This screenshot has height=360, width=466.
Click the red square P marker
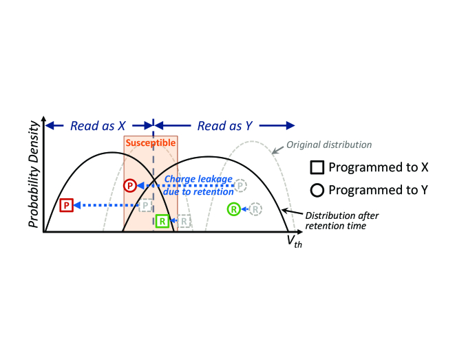pyautogui.click(x=66, y=204)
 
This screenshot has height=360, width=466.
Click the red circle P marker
pyautogui.click(x=129, y=185)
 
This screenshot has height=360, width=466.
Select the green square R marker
pyautogui.click(x=162, y=221)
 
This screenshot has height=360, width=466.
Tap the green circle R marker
pyautogui.click(x=234, y=209)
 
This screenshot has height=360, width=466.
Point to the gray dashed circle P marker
pyautogui.click(x=240, y=185)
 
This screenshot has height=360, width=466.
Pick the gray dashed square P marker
pyautogui.click(x=146, y=205)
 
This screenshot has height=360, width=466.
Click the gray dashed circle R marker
pyautogui.click(x=255, y=209)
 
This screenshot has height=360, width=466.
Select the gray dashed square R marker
pyautogui.click(x=184, y=221)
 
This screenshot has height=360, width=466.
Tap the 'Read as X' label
pyautogui.click(x=97, y=125)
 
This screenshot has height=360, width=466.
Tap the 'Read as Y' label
pyautogui.click(x=224, y=125)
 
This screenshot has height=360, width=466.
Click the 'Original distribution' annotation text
pyautogui.click(x=329, y=145)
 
